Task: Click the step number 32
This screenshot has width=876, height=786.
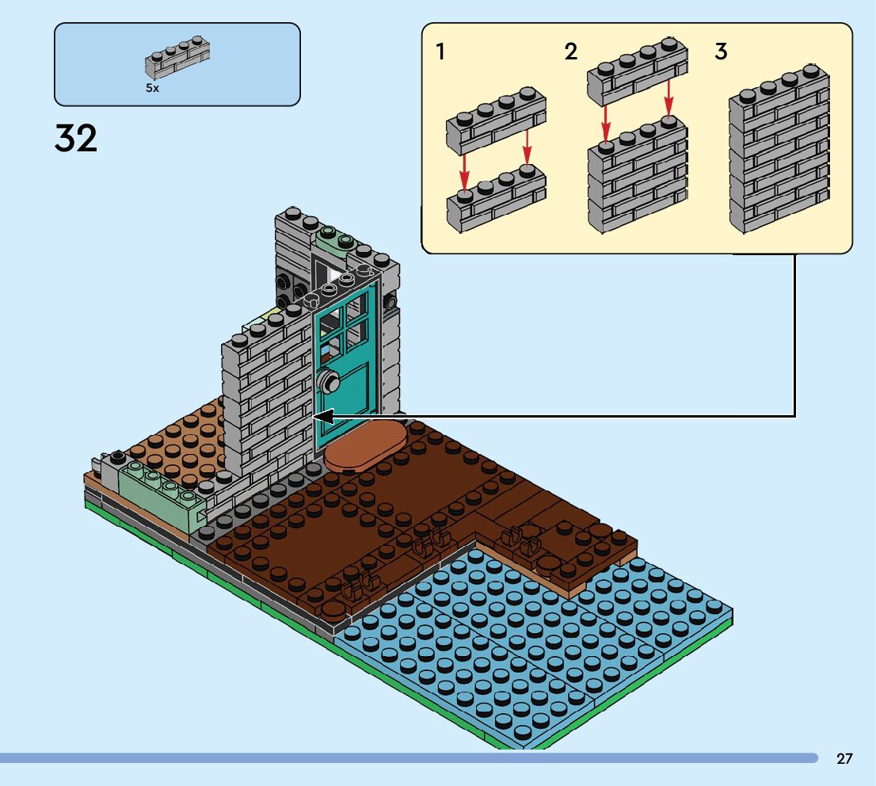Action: click(76, 138)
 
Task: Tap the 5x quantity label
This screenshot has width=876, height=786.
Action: click(153, 88)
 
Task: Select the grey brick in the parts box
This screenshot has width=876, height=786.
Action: click(177, 58)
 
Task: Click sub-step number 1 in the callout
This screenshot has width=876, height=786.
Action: click(441, 52)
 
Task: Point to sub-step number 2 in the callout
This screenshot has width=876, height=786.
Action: click(570, 52)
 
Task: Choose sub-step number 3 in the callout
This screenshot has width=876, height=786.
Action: click(721, 52)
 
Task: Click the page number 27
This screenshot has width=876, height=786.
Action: click(844, 758)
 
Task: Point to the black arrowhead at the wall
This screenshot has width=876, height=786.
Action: click(323, 417)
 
